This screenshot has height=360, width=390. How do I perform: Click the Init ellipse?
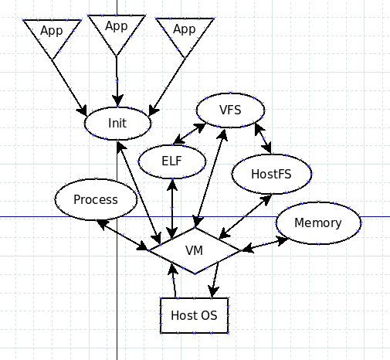click(117, 124)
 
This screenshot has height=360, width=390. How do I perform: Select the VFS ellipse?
click(230, 110)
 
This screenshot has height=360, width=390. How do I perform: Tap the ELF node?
click(172, 161)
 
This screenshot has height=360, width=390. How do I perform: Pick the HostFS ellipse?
click(272, 174)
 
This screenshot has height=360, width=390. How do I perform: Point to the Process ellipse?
click(96, 199)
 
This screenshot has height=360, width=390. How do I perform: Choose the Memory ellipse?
click(318, 223)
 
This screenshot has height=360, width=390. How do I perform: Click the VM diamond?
click(195, 250)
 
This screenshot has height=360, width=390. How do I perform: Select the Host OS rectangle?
click(195, 315)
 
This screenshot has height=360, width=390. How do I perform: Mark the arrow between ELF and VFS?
click(189, 134)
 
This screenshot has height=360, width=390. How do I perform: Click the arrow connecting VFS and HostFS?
click(263, 138)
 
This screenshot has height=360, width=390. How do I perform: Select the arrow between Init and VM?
click(139, 192)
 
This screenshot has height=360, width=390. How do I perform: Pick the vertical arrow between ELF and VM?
click(172, 209)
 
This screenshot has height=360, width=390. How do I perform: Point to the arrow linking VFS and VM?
click(210, 178)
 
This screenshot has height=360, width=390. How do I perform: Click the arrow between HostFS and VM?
click(245, 217)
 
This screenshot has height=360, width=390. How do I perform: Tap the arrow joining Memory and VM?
click(264, 244)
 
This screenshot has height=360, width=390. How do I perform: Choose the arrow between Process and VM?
click(123, 235)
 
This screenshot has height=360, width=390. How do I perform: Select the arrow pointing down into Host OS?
click(215, 280)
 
